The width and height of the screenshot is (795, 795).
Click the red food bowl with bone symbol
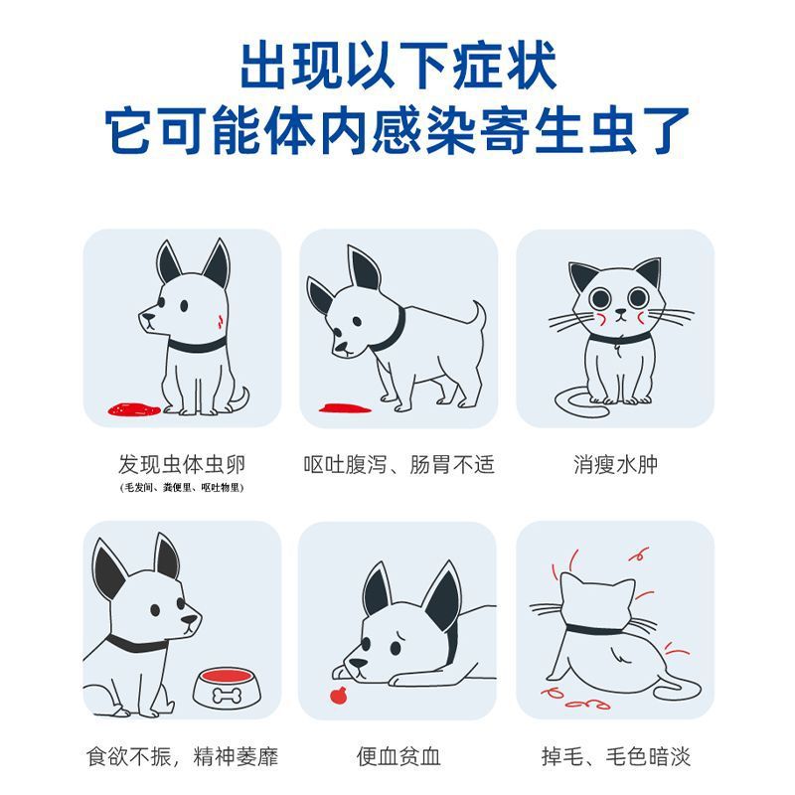point(228,688)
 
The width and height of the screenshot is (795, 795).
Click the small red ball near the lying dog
point(338,695)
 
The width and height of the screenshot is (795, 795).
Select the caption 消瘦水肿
point(615,464)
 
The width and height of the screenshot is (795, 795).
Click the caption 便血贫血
point(398,756)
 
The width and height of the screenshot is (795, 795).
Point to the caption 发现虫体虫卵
point(182,464)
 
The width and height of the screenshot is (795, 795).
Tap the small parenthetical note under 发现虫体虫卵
point(182,488)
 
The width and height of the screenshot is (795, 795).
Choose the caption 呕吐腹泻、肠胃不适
point(398,464)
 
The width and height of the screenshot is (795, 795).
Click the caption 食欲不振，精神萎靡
point(182,756)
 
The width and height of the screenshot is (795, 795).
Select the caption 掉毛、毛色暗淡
point(615,756)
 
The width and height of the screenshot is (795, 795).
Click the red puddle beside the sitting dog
point(134,408)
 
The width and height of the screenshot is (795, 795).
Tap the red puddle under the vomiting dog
point(345,407)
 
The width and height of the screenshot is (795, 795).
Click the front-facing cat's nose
point(619,311)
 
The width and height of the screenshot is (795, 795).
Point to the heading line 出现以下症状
point(398,66)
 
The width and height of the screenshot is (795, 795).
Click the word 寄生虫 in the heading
point(585,131)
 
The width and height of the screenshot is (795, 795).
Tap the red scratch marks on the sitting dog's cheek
point(221,321)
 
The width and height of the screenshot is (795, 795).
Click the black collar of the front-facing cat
point(619,338)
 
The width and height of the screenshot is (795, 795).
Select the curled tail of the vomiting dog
point(478,314)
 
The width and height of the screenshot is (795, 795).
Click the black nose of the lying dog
point(358,663)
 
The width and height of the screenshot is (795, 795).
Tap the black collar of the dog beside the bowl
point(137,643)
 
